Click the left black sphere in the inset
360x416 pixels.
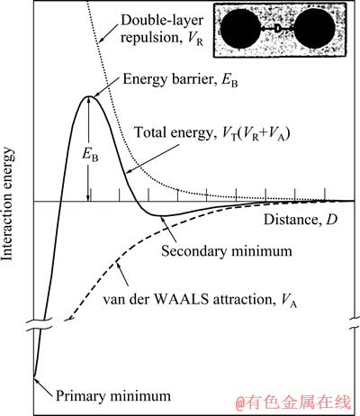(x=239, y=29)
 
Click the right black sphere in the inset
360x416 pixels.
(x=315, y=29)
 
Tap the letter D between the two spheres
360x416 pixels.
(x=278, y=29)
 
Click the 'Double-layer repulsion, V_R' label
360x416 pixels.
(x=162, y=29)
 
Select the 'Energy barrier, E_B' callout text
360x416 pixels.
(x=180, y=80)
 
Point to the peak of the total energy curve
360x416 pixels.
(x=88, y=96)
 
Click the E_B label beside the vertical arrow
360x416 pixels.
(x=90, y=155)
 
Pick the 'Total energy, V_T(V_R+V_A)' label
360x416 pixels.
(x=211, y=133)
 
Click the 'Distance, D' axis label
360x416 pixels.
(x=301, y=220)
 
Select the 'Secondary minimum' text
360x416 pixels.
(x=227, y=251)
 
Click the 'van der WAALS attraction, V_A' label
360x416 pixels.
(x=200, y=301)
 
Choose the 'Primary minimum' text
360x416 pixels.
(x=113, y=396)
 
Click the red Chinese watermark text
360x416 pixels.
(x=292, y=402)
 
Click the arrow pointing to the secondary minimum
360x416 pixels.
(x=168, y=230)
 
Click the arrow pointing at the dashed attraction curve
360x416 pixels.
(x=122, y=274)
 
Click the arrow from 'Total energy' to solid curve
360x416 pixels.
(x=153, y=158)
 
